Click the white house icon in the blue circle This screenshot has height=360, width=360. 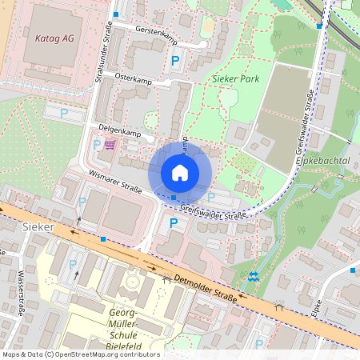click(180, 173)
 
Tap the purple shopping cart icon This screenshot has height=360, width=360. click(110, 144)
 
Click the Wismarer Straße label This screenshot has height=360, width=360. click(116, 181)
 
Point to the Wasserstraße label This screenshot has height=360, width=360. click(20, 294)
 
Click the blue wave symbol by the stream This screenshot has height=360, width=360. click(254, 276)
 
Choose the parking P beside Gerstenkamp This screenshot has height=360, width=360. click(175, 60)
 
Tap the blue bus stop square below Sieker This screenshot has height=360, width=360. click(102, 238)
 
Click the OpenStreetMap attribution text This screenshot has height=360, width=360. click(80, 354)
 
